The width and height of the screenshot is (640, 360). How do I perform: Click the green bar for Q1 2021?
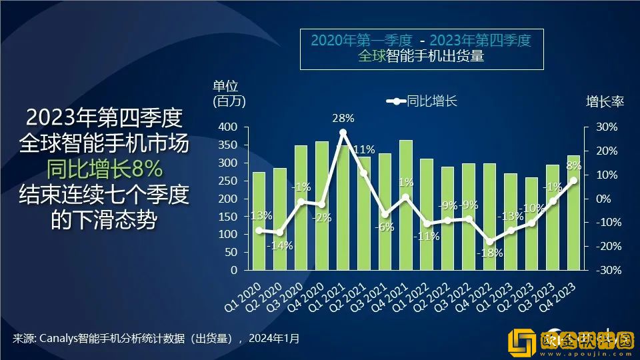click(x=343, y=213)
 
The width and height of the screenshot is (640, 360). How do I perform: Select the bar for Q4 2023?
click(x=573, y=213)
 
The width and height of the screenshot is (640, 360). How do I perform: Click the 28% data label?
click(x=343, y=119)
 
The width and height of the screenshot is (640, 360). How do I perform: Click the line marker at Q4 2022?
click(x=490, y=242)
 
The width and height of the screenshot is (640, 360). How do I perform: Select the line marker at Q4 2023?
click(x=573, y=180)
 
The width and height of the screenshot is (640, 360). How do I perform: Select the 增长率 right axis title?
click(x=604, y=102)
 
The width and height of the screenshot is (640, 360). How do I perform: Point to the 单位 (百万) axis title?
click(x=229, y=94)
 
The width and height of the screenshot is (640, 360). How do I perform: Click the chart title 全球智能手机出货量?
click(x=421, y=56)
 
